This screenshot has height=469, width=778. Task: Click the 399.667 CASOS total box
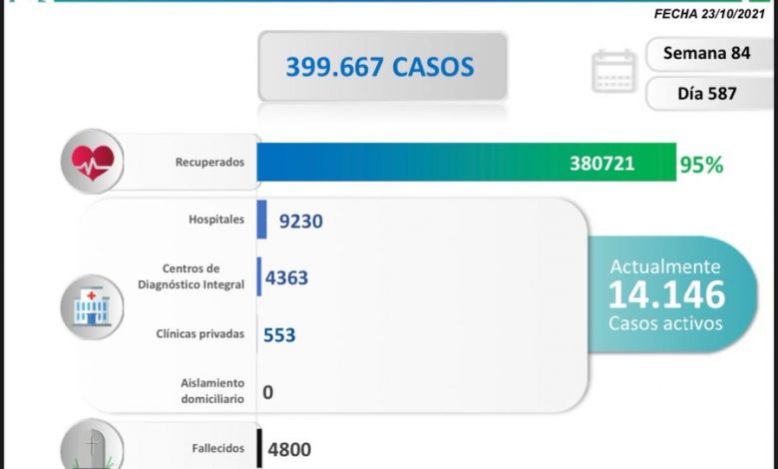(x=382, y=67)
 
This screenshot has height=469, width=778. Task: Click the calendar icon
(x=613, y=72)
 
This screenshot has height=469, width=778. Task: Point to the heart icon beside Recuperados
(x=92, y=160)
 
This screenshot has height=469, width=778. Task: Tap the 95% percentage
(x=701, y=165)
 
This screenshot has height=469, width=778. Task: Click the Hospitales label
(x=216, y=220)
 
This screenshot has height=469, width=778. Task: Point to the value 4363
(x=286, y=277)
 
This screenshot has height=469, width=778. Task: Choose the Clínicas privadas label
(x=199, y=334)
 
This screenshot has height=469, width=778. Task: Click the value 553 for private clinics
(x=279, y=335)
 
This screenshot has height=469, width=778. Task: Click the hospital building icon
(x=93, y=302)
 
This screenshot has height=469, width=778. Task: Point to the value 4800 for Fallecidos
(x=289, y=449)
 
